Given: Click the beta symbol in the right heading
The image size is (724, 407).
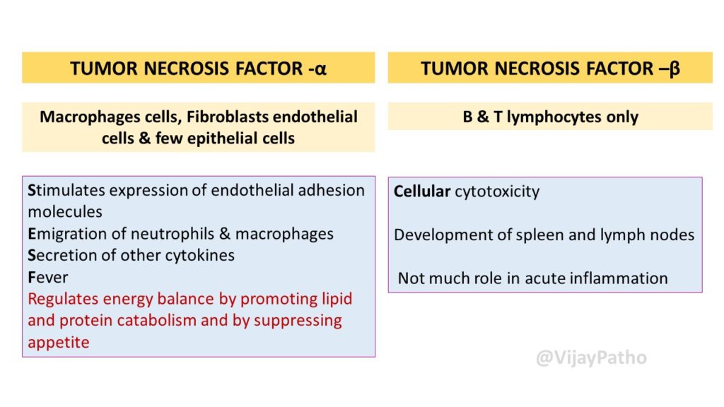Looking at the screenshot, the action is tap(674, 69).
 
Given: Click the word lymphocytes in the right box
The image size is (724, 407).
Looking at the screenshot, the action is tap(554, 117).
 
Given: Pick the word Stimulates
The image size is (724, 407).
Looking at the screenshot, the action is tap(66, 190).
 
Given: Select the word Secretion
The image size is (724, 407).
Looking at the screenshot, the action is tap(62, 255).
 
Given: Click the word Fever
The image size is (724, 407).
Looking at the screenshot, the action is tap(47, 277).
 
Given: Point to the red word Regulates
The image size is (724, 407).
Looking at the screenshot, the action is tap(63, 299).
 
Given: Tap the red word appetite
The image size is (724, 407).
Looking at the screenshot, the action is tap(58, 343).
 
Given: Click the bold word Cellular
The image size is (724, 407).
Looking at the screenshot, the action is tap(421, 191).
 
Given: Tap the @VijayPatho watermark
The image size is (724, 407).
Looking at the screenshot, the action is tap(591, 358).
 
